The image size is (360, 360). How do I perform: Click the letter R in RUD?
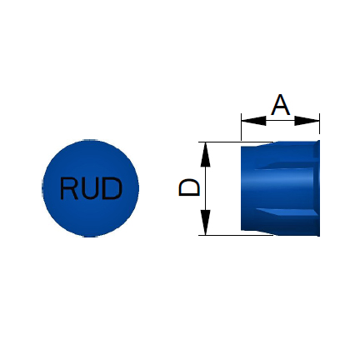point(69,188)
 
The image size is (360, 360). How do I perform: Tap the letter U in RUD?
point(90,189)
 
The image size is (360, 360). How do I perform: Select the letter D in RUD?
point(112,188)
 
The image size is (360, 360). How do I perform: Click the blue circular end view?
point(90,188)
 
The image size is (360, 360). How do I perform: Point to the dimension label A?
point(281,105)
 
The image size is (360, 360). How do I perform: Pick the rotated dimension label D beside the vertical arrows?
point(189,187)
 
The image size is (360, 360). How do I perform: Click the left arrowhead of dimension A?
point(253,121)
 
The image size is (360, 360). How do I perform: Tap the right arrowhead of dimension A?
point(307,121)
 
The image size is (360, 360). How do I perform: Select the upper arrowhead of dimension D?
point(205,155)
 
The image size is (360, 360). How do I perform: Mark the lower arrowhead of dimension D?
point(205,222)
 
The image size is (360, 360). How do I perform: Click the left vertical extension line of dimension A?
point(242,127)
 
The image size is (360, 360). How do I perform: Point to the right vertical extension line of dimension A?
point(319,127)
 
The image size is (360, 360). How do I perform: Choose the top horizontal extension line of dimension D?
point(236,142)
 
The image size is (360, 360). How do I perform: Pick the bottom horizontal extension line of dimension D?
point(236,235)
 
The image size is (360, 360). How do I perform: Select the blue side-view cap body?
point(280,188)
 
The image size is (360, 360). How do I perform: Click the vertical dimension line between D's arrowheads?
point(205,189)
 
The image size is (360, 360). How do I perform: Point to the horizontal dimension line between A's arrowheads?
point(280,121)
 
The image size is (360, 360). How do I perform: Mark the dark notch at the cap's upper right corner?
point(317,149)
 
